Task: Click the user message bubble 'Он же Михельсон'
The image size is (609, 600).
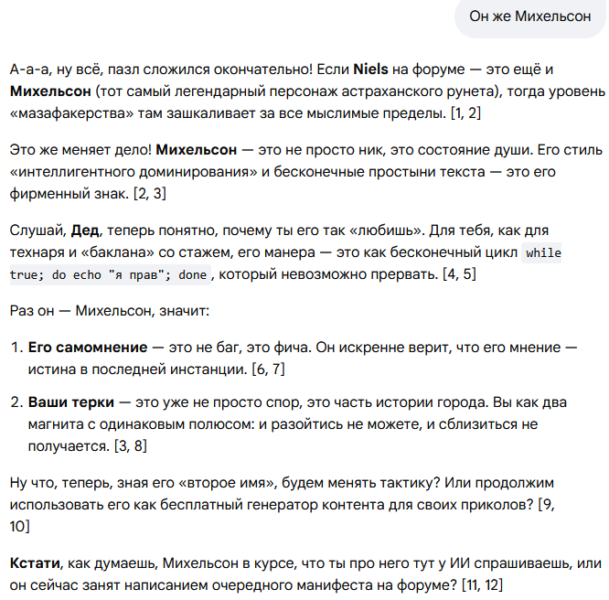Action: click(x=529, y=16)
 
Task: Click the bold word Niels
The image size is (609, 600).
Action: click(x=371, y=70)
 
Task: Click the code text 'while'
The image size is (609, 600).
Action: click(x=544, y=252)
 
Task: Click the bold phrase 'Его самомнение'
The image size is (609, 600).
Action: click(x=88, y=348)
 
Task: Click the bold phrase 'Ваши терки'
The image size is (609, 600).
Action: click(x=72, y=402)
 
